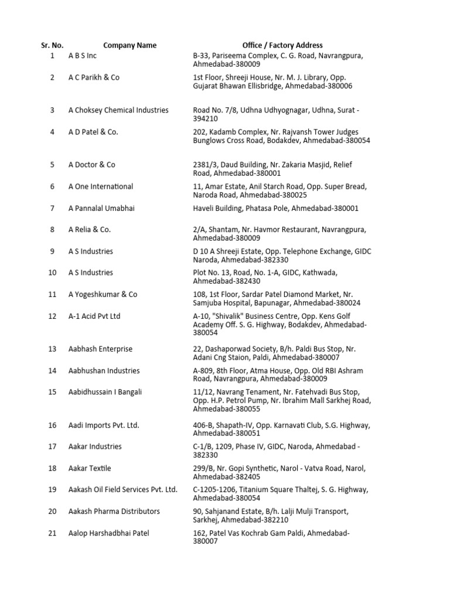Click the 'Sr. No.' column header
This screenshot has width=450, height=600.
[52, 45]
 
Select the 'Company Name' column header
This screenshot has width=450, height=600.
[130, 45]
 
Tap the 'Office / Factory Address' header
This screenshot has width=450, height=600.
[282, 45]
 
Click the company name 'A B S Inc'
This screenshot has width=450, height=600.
[83, 56]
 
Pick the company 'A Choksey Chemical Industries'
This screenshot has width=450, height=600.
[118, 110]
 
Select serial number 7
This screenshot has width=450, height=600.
[52, 208]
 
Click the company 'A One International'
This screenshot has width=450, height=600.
[101, 186]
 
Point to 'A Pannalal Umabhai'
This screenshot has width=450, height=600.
[101, 208]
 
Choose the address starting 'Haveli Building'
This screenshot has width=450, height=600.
[276, 208]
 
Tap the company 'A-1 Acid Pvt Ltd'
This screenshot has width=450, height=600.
[94, 316]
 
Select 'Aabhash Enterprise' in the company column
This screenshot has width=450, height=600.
[100, 349]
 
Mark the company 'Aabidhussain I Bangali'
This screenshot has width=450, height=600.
[105, 392]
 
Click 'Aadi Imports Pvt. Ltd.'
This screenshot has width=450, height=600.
[104, 425]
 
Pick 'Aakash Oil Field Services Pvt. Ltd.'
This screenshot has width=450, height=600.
[123, 489]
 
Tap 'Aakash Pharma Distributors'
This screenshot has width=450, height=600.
[114, 511]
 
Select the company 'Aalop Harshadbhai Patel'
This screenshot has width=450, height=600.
[110, 533]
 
